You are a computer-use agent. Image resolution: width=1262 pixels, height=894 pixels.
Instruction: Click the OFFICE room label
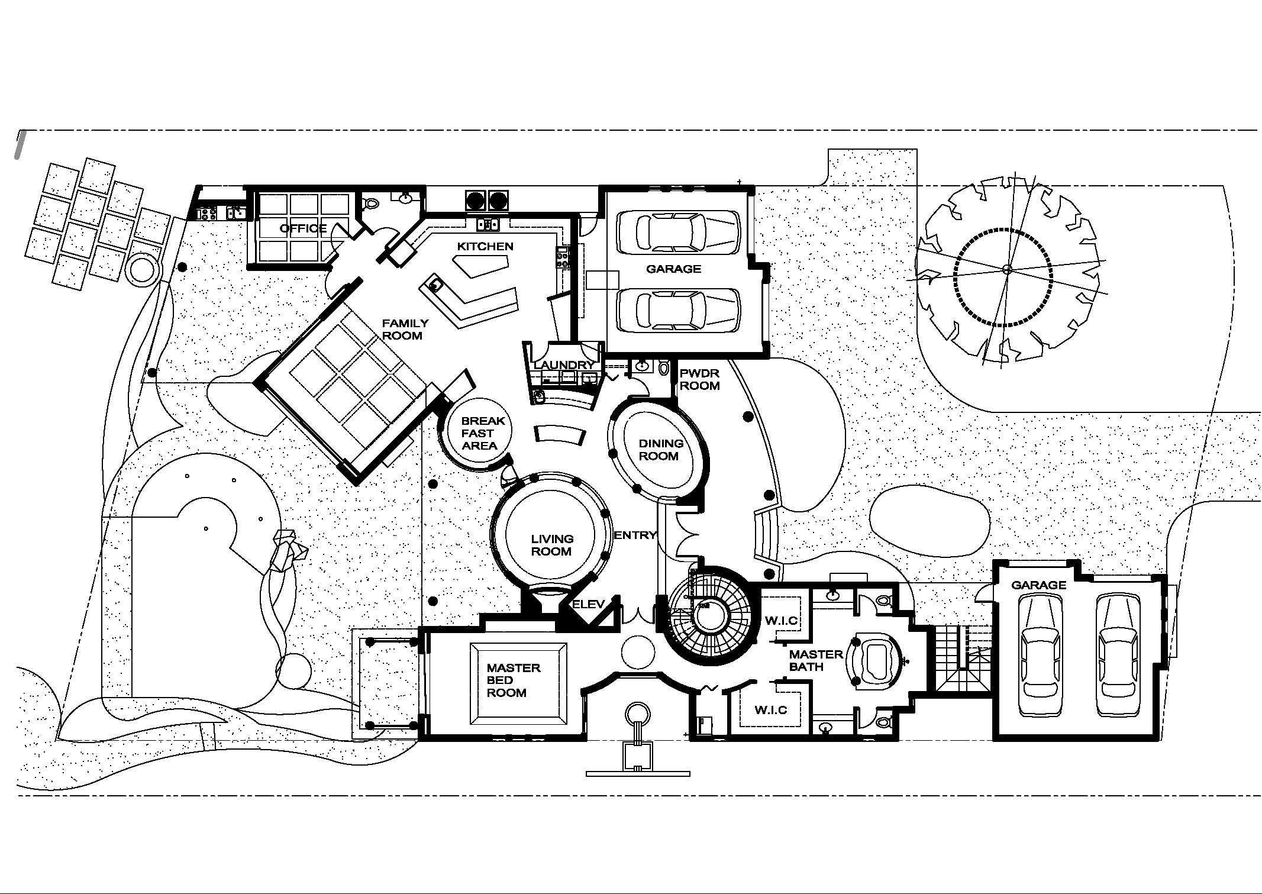pos(303,228)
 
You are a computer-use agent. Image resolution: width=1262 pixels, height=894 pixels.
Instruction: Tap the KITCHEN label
pos(485,246)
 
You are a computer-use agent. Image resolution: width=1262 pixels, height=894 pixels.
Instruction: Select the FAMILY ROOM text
pos(405,330)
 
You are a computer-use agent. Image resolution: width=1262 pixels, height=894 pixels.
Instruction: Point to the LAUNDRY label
pos(563,365)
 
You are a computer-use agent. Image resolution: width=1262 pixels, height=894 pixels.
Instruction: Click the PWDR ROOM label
pos(699,380)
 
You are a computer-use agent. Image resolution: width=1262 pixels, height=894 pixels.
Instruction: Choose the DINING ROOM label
pos(660,450)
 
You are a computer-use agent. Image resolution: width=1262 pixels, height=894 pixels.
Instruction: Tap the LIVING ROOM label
pos(551,545)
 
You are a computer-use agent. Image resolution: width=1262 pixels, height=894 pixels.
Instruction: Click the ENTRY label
pos(635,535)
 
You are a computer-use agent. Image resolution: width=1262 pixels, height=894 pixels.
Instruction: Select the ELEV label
pos(588,604)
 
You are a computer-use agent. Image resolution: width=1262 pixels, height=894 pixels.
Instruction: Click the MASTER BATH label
pos(815,660)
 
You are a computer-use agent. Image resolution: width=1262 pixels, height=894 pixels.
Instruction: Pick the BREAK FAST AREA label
pos(483,433)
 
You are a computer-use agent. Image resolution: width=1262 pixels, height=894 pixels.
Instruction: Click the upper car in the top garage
pos(678,233)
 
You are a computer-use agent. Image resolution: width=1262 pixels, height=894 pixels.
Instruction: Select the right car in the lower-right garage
pos(1118,655)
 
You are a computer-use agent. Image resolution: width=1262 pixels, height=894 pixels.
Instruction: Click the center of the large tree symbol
pos(1007,270)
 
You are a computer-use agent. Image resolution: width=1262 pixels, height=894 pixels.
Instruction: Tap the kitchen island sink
pos(435,285)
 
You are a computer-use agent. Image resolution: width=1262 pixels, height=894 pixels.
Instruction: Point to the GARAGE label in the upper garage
pos(673,269)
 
